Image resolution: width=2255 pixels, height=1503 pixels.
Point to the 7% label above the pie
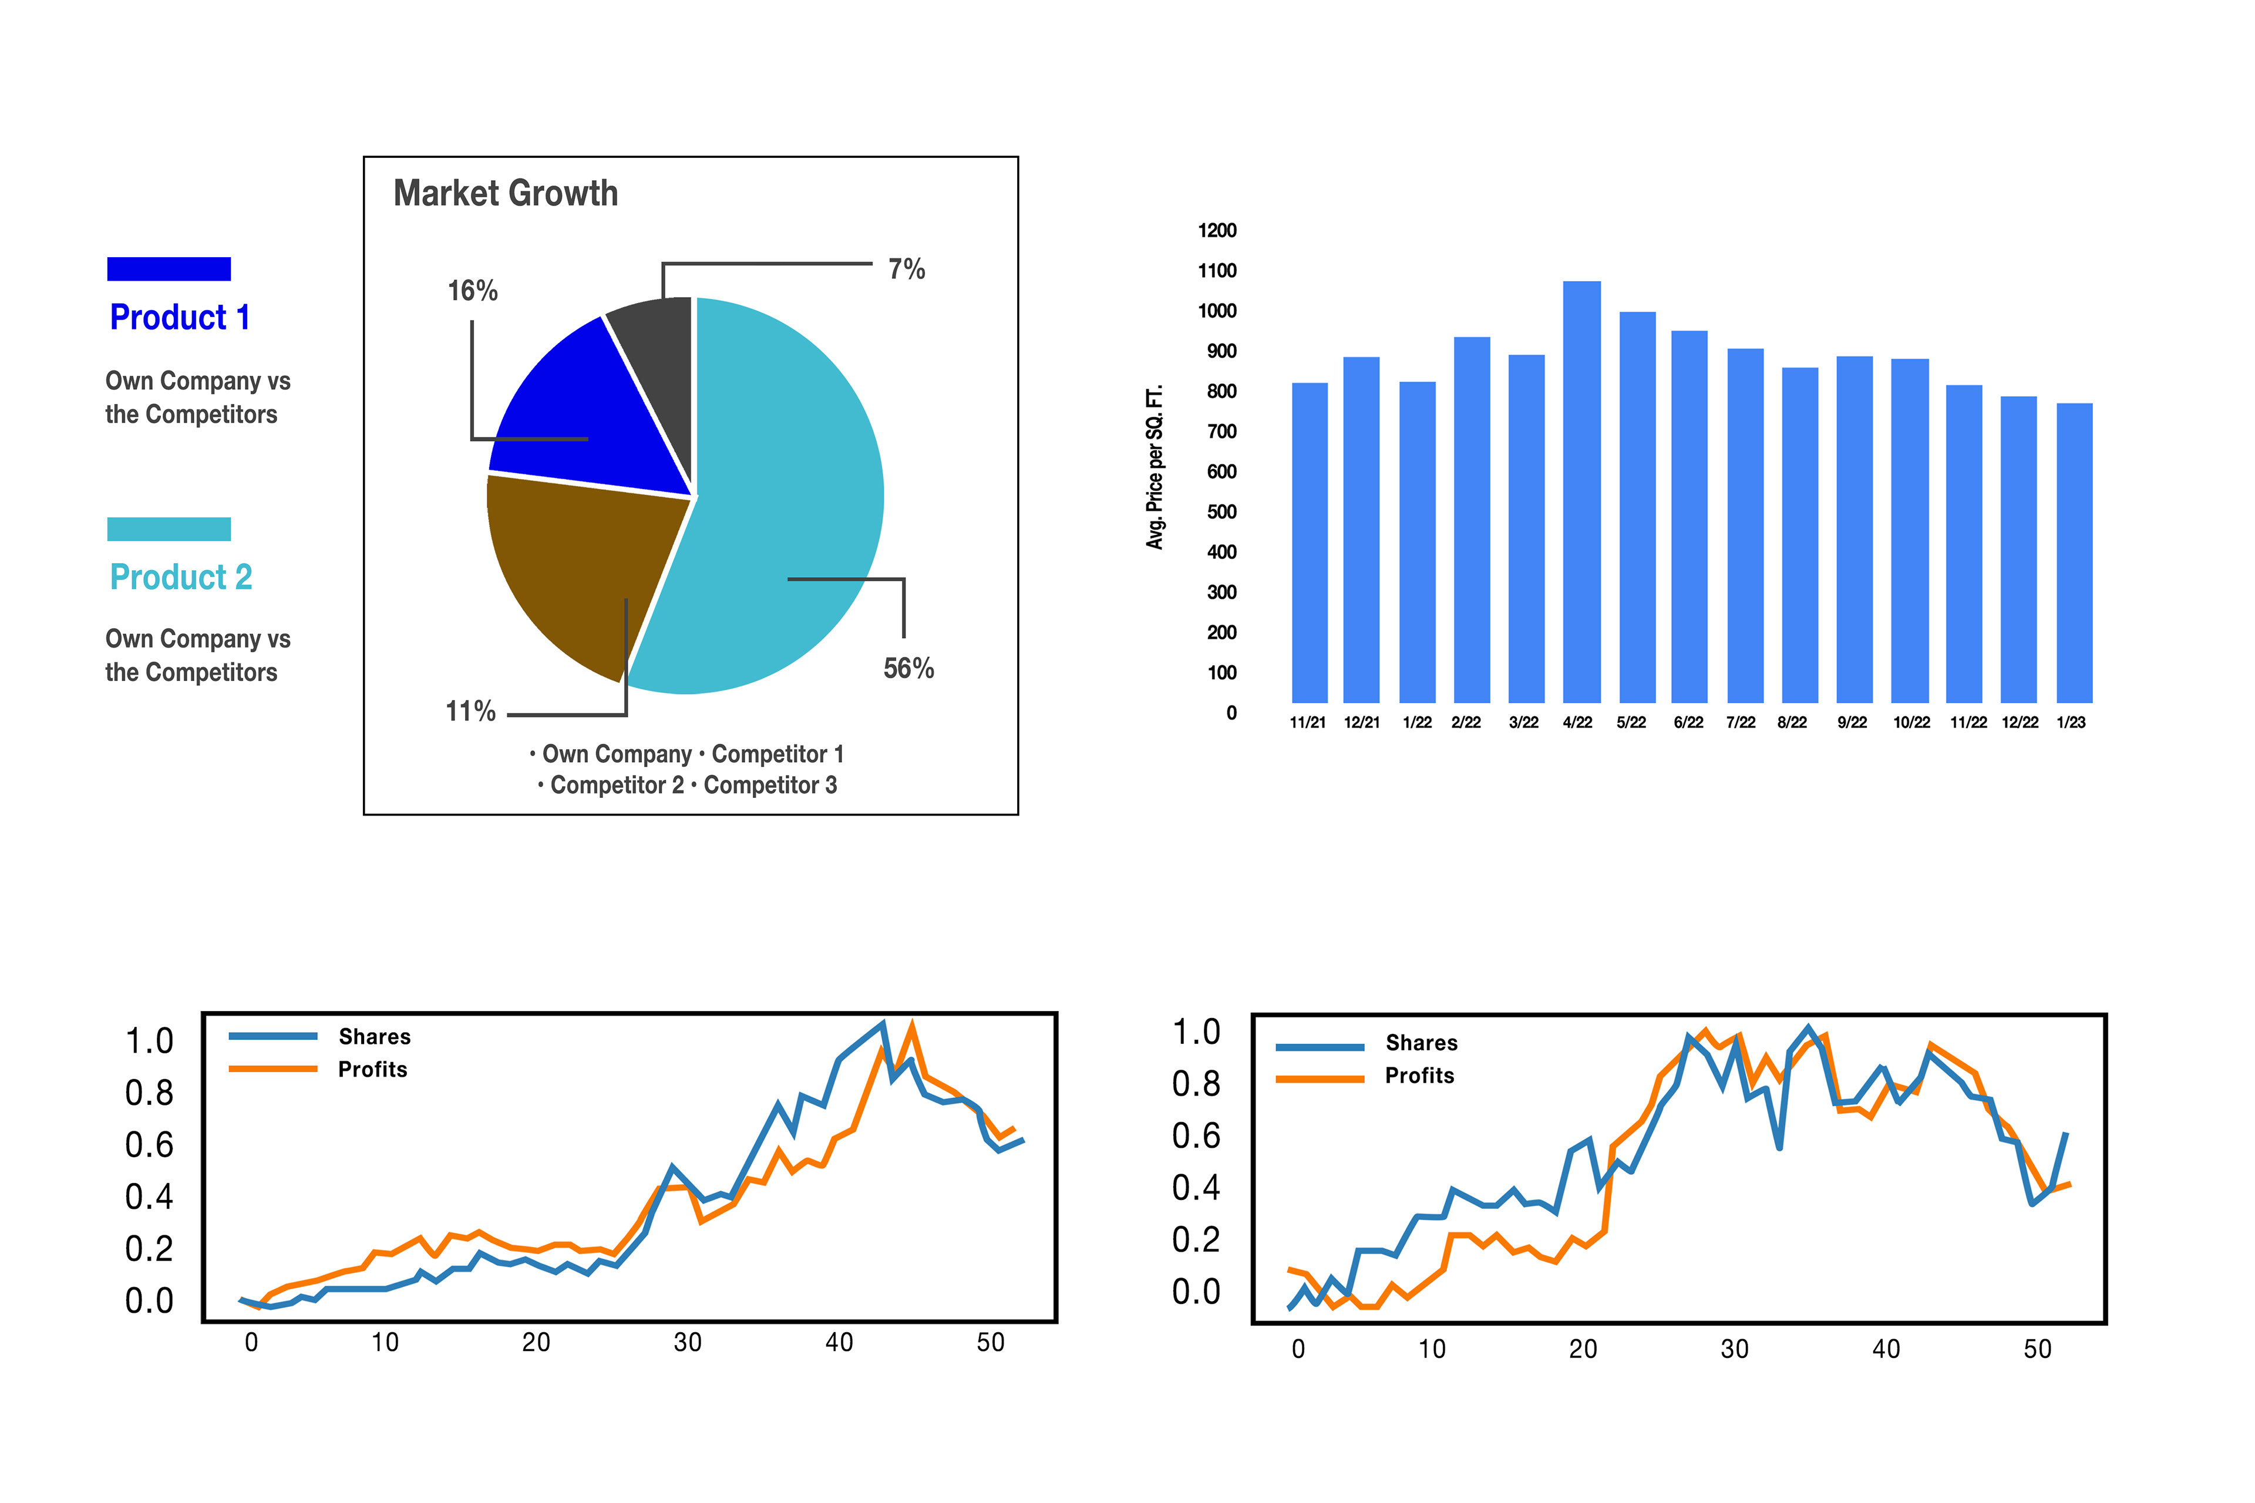pyautogui.click(x=906, y=269)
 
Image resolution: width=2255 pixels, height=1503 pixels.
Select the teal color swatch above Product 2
pyautogui.click(x=169, y=529)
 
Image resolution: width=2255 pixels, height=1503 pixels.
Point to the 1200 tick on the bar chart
pyautogui.click(x=1217, y=230)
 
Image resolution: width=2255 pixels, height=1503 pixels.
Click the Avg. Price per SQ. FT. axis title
pyautogui.click(x=1155, y=467)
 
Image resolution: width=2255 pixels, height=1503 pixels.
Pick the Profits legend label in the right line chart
pyautogui.click(x=1419, y=1076)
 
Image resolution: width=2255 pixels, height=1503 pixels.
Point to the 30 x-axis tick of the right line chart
pyautogui.click(x=1734, y=1350)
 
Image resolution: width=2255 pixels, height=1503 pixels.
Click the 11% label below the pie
pyautogui.click(x=470, y=711)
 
